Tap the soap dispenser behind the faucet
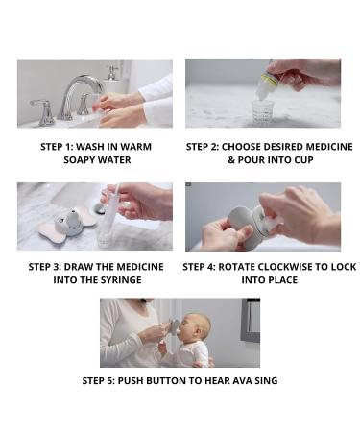click(113, 72)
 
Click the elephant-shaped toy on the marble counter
click(62, 224)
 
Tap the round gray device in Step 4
click(241, 227)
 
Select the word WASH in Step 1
click(85, 146)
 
